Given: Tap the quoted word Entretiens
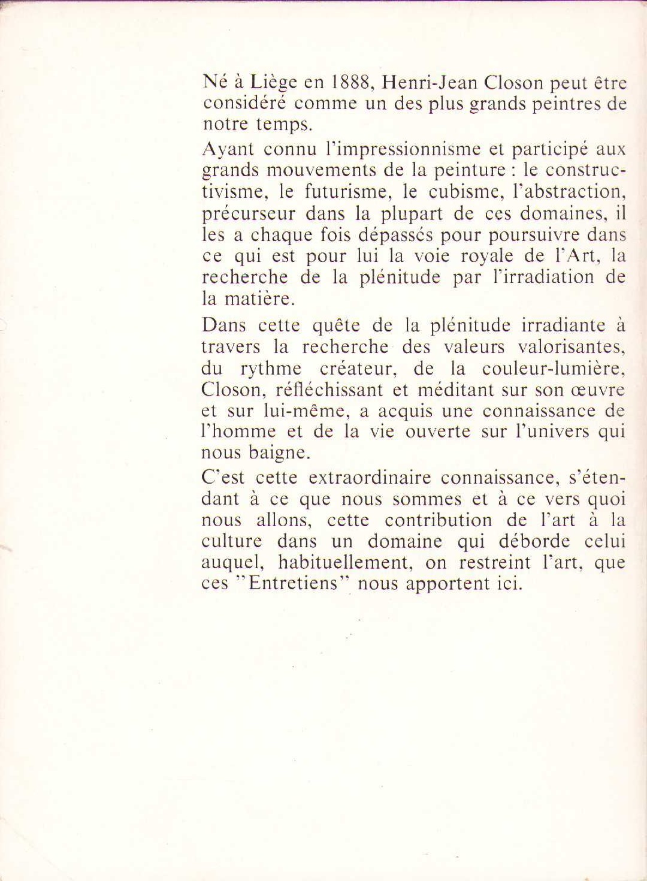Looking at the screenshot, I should click(x=294, y=584).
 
